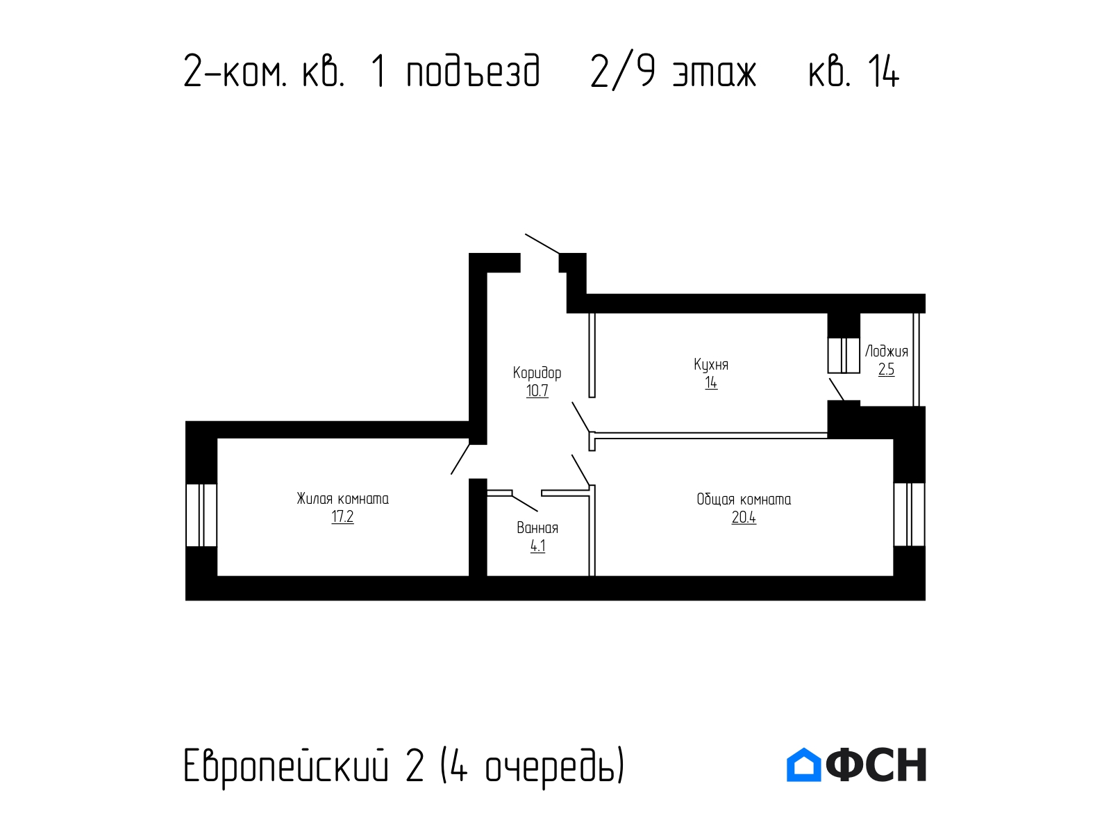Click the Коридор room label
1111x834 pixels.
[537, 374]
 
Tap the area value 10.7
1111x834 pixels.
[537, 391]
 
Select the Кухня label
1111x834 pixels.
[711, 365]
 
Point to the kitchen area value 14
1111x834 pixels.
[711, 383]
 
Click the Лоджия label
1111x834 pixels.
[886, 352]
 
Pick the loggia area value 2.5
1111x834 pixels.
[886, 370]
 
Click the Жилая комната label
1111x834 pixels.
[342, 499]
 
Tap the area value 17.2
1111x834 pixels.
[342, 517]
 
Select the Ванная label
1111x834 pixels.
[537, 528]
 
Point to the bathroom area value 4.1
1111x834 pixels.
[537, 546]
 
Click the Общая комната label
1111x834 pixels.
[744, 499]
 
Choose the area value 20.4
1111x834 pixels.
[744, 518]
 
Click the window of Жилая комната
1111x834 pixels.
[201, 515]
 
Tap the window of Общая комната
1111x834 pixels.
[909, 514]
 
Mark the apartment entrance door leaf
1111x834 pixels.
[542, 243]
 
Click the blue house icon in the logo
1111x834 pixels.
[803, 764]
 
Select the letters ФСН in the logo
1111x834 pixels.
[876, 764]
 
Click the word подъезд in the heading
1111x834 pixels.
[474, 72]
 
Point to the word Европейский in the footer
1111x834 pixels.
[286, 765]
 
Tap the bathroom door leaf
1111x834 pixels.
[525, 502]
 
